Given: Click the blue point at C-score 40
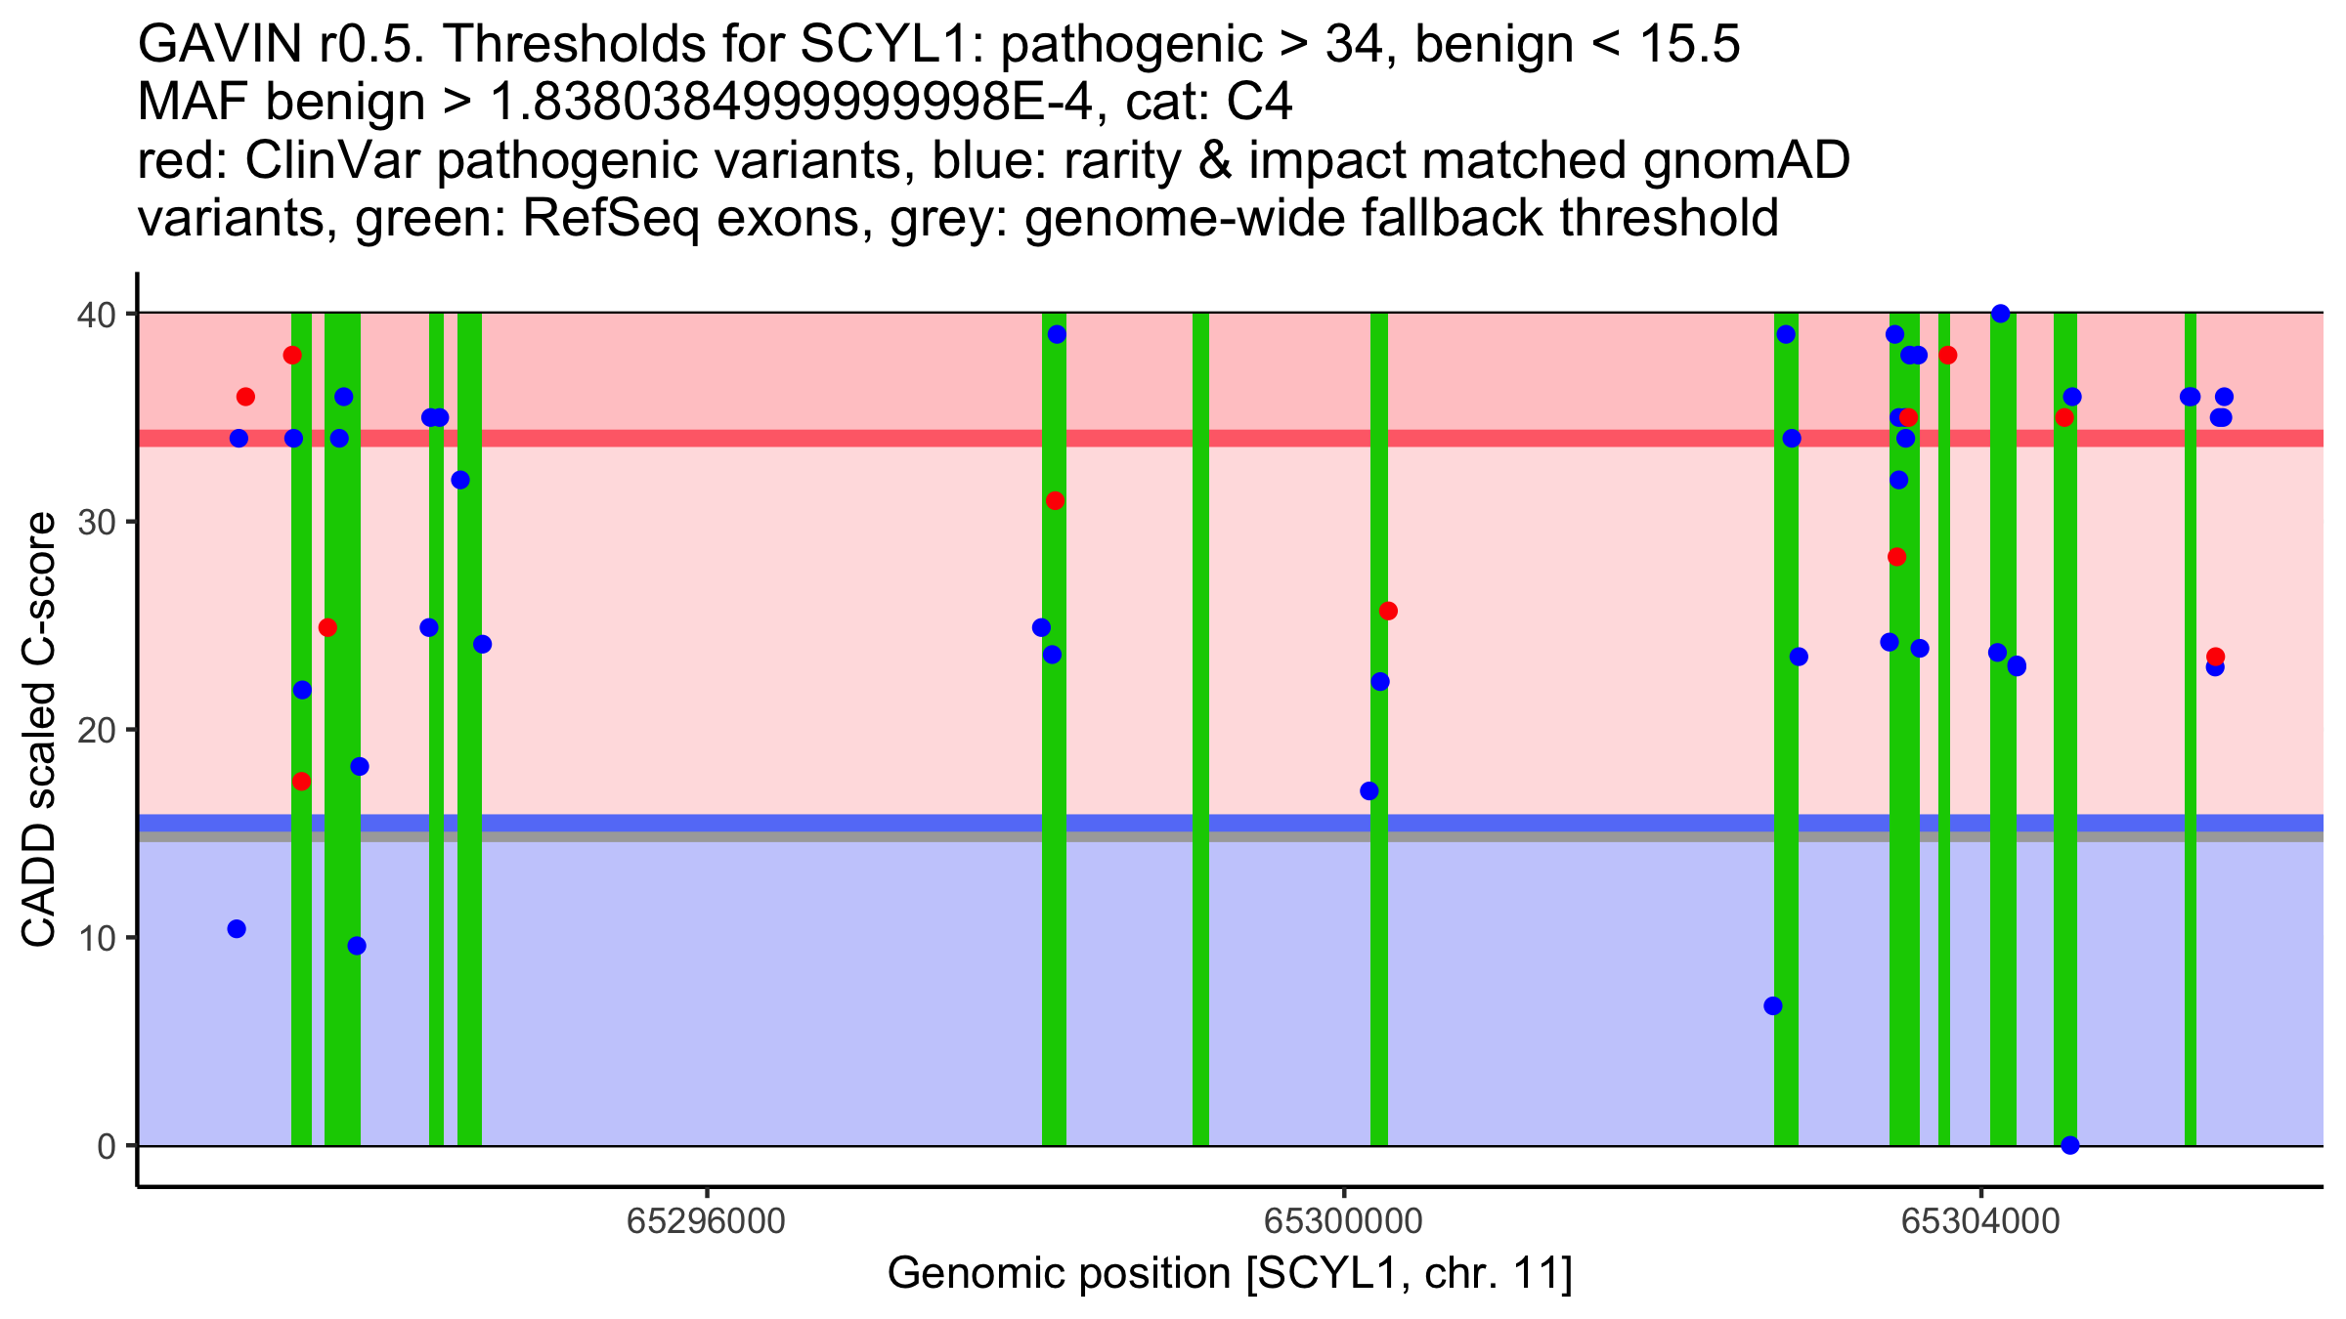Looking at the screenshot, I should pos(2000,314).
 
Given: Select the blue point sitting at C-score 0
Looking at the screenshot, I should pos(2069,1145).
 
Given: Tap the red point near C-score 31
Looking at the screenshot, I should pos(1055,501).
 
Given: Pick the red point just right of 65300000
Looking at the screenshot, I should pos(1388,612).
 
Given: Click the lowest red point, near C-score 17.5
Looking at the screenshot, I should pos(301,782).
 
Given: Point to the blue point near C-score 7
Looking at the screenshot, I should pos(1772,1006).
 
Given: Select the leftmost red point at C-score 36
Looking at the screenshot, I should pos(245,397).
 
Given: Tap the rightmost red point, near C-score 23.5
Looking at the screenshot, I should pos(2215,657).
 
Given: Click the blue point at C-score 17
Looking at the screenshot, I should pos(1369,791).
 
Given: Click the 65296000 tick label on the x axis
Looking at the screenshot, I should pos(706,1222).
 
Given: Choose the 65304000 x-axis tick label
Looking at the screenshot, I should pos(1980,1222).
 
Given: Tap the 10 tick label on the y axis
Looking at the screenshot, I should pos(99,938).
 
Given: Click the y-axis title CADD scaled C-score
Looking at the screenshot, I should pos(40,733).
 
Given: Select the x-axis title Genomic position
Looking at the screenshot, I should pos(1229,1274).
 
